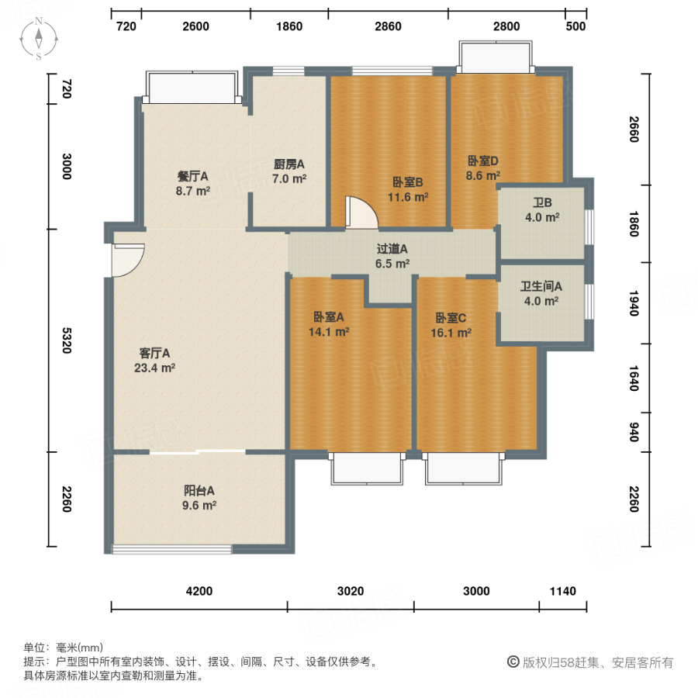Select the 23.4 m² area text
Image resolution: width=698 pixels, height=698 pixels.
point(154,368)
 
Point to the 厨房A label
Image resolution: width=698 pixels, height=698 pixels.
point(289,164)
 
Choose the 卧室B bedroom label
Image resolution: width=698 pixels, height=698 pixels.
point(407,183)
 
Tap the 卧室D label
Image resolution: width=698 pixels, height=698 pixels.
point(482,161)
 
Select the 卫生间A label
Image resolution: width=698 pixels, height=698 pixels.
point(541,286)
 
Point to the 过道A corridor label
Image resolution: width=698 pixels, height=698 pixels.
point(392,249)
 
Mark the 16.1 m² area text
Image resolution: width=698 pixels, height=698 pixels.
point(454,333)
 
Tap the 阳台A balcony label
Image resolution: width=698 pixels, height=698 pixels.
point(199,490)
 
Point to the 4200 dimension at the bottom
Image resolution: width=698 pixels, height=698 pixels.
point(199,592)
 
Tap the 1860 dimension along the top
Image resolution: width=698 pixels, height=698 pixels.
point(289,26)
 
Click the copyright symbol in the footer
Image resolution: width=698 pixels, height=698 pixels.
point(513,662)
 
